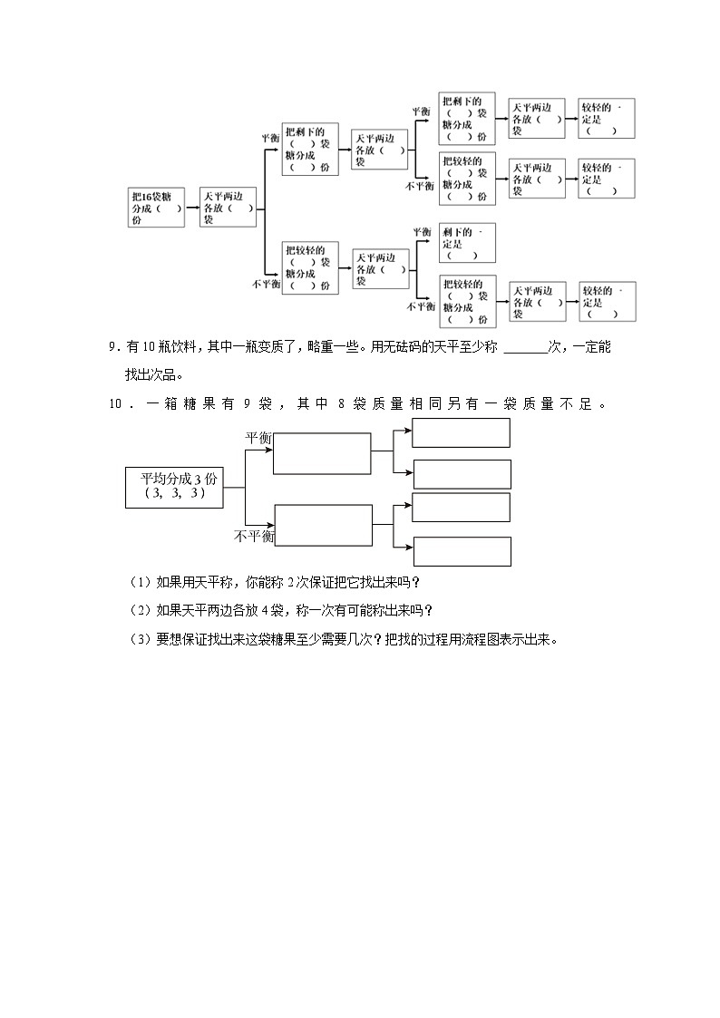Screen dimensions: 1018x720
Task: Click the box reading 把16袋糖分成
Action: [157, 208]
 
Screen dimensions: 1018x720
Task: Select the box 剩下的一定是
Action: [465, 243]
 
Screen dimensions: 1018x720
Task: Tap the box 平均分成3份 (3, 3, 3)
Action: [172, 487]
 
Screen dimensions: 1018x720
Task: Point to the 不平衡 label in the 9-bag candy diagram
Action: [254, 537]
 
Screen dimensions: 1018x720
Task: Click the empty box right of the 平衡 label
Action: [322, 453]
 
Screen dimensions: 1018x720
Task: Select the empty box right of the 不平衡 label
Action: [323, 526]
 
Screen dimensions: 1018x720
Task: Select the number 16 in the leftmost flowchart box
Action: [149, 197]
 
